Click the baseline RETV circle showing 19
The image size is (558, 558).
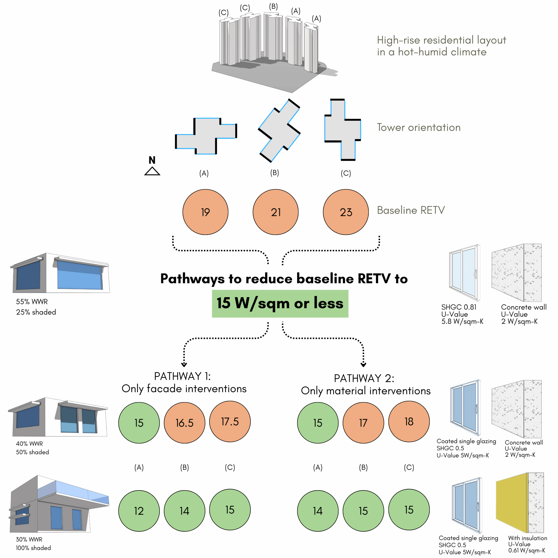click(205, 212)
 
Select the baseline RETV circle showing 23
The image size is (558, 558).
click(346, 212)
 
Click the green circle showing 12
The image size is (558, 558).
click(139, 511)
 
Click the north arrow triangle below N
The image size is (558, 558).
click(152, 171)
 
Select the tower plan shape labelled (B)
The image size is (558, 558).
click(279, 131)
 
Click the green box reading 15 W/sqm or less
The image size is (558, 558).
click(280, 304)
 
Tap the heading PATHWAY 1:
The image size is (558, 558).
click(182, 376)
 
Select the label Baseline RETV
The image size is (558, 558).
click(411, 210)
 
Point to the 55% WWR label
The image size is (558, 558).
click(32, 301)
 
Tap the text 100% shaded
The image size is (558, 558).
click(33, 548)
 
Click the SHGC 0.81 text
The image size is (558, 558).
click(459, 307)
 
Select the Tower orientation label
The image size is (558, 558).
click(418, 127)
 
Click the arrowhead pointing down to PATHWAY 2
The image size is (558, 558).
click(363, 365)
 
